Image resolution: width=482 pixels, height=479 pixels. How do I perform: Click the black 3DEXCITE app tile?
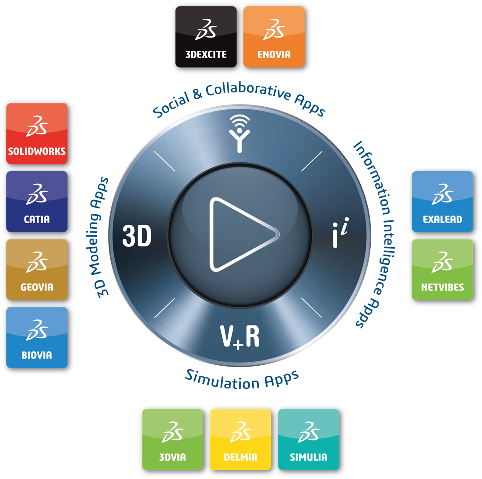[x=206, y=37]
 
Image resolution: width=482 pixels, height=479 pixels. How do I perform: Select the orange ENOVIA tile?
[x=274, y=37]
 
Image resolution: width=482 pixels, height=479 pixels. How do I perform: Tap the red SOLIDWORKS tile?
[x=37, y=133]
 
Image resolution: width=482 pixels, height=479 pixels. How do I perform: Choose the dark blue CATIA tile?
[x=37, y=202]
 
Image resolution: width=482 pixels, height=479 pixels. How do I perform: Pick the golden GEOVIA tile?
[x=37, y=269]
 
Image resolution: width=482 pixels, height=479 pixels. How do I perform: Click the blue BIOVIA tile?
[x=37, y=337]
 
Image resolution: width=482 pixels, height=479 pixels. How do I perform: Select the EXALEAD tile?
[x=442, y=202]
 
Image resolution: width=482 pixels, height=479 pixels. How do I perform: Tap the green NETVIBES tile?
[x=442, y=269]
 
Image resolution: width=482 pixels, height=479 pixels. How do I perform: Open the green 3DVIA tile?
[x=173, y=439]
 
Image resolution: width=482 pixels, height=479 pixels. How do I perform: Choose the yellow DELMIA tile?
[x=241, y=439]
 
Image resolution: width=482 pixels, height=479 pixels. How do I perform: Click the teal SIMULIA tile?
[x=309, y=439]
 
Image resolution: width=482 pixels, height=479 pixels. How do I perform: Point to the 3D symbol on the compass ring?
[x=137, y=236]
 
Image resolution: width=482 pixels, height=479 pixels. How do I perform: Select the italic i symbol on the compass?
[x=341, y=233]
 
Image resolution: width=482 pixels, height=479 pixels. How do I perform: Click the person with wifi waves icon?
[x=239, y=134]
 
